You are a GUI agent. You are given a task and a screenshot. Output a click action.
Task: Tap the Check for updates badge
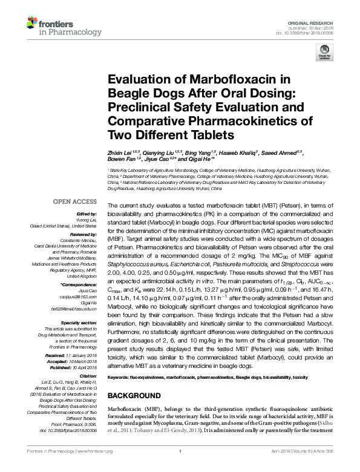coord(324,54)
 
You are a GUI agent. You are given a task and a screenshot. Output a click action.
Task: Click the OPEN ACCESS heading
coord(76,201)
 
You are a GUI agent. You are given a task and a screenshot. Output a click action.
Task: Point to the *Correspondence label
coord(79,284)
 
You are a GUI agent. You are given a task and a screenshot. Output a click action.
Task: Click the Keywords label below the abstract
coord(122,378)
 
